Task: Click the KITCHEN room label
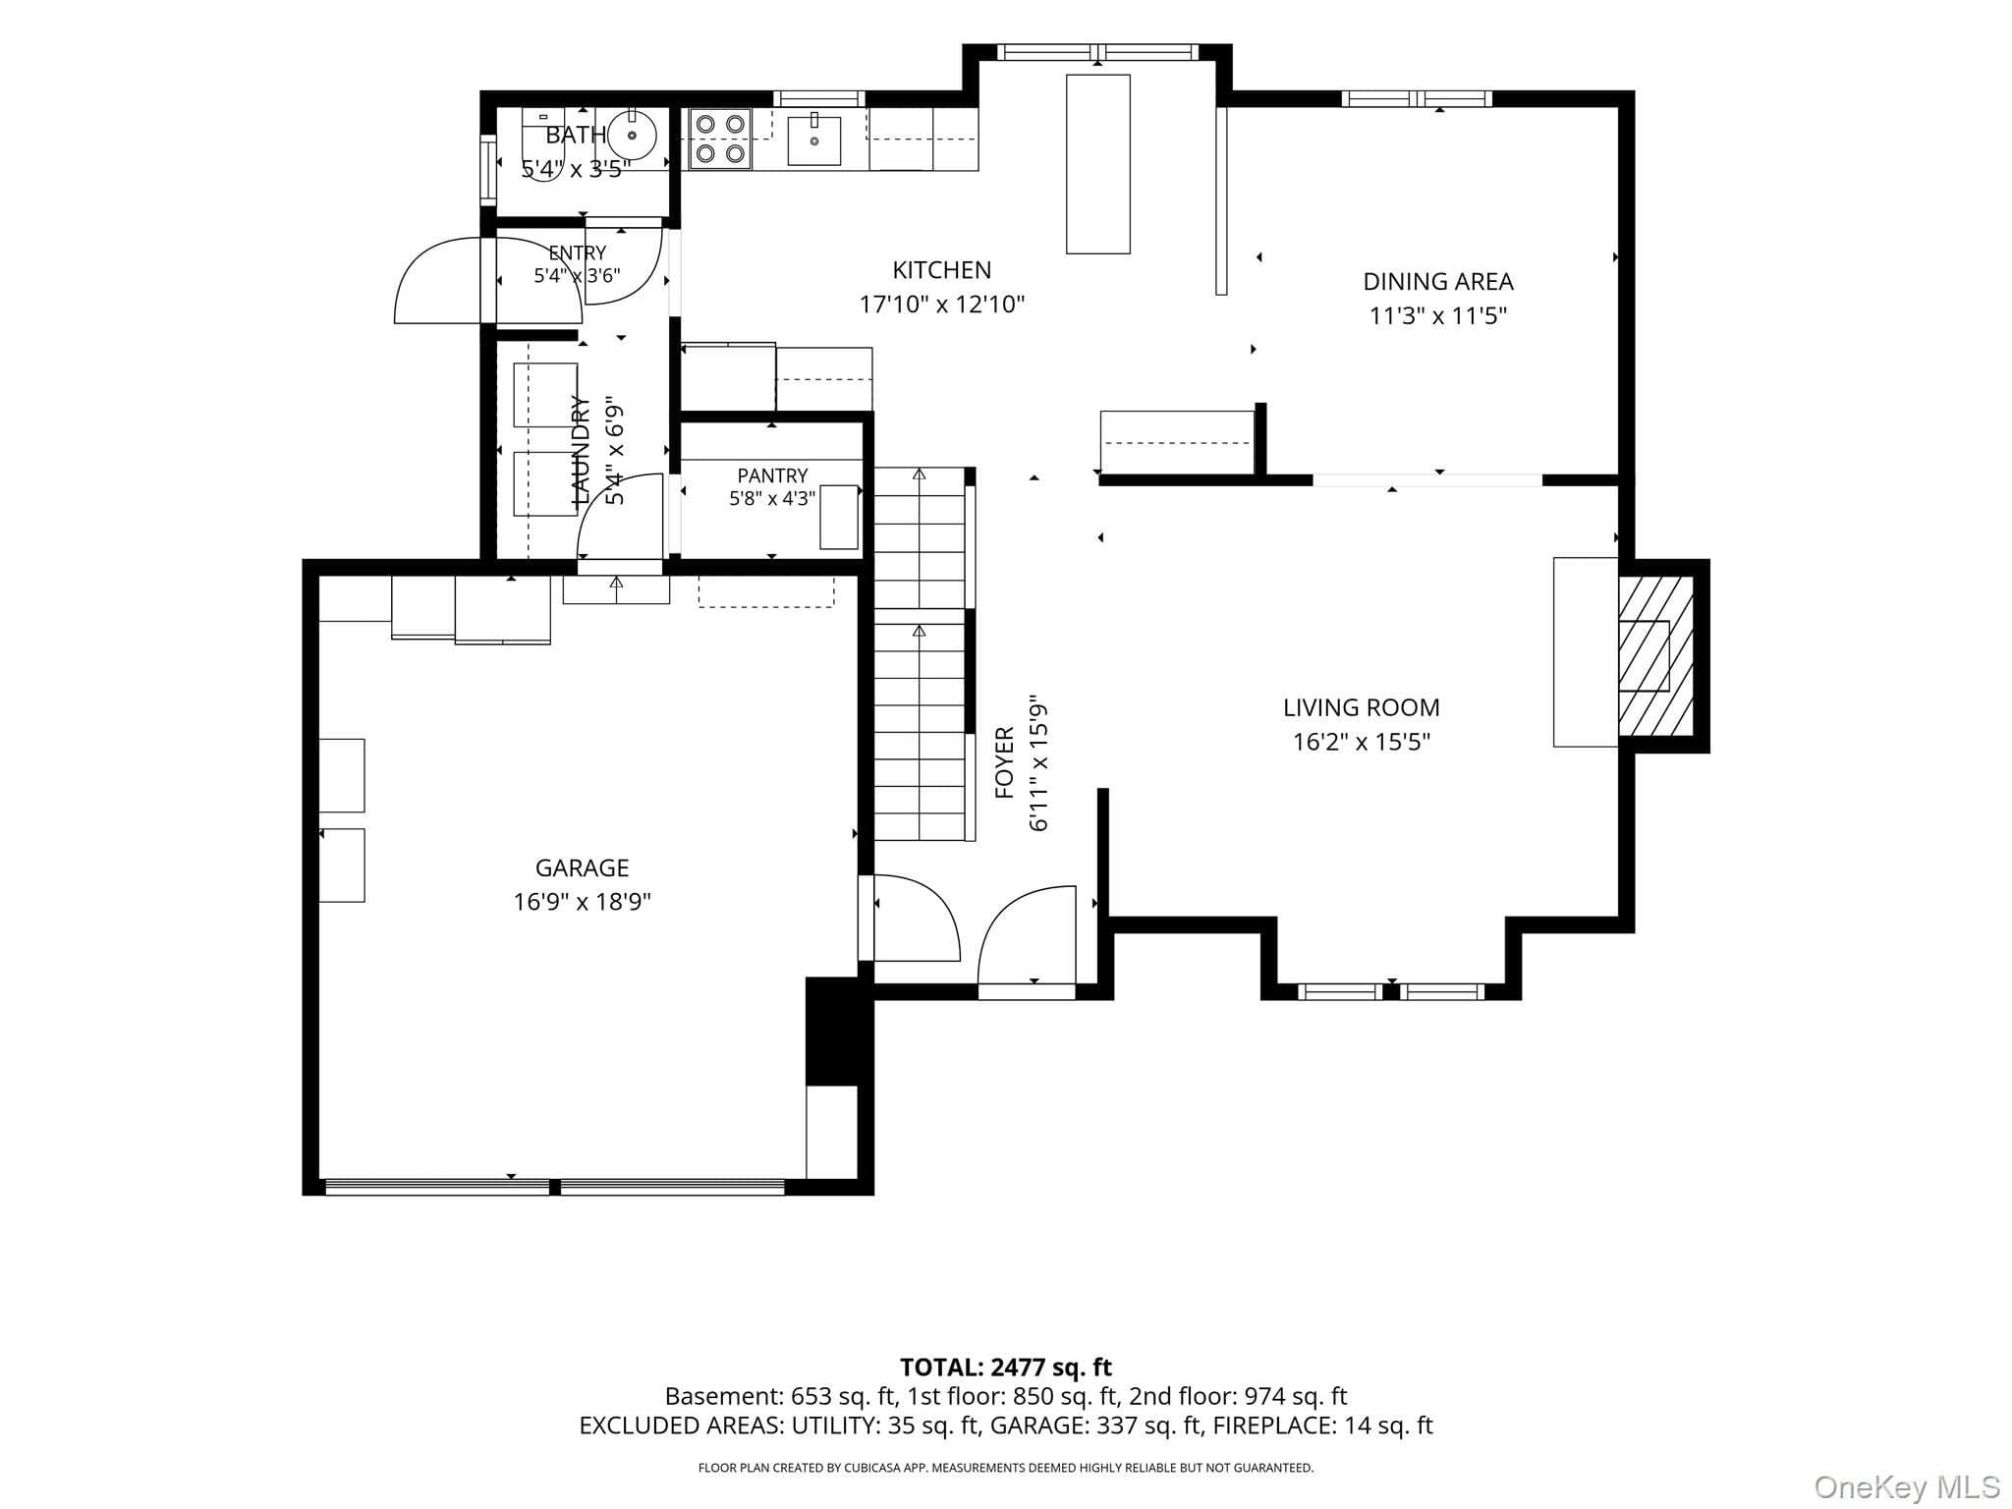pyautogui.click(x=941, y=270)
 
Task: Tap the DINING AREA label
pyautogui.click(x=1438, y=282)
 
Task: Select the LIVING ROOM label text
pyautogui.click(x=1361, y=707)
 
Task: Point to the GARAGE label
pyautogui.click(x=582, y=867)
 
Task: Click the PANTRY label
pyautogui.click(x=772, y=475)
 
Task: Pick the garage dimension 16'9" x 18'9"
pyautogui.click(x=582, y=902)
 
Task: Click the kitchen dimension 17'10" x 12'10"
pyautogui.click(x=942, y=305)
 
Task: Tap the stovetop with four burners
pyautogui.click(x=720, y=139)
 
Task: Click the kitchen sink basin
pyautogui.click(x=814, y=140)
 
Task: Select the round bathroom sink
pyautogui.click(x=633, y=136)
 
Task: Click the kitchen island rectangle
pyautogui.click(x=1098, y=164)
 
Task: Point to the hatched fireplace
pyautogui.click(x=1656, y=656)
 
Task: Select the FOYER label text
pyautogui.click(x=1004, y=762)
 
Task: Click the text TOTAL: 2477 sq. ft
pyautogui.click(x=1006, y=1367)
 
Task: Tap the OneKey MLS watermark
pyautogui.click(x=1906, y=1486)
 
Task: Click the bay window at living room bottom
pyautogui.click(x=1391, y=991)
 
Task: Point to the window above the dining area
pyautogui.click(x=1417, y=98)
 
